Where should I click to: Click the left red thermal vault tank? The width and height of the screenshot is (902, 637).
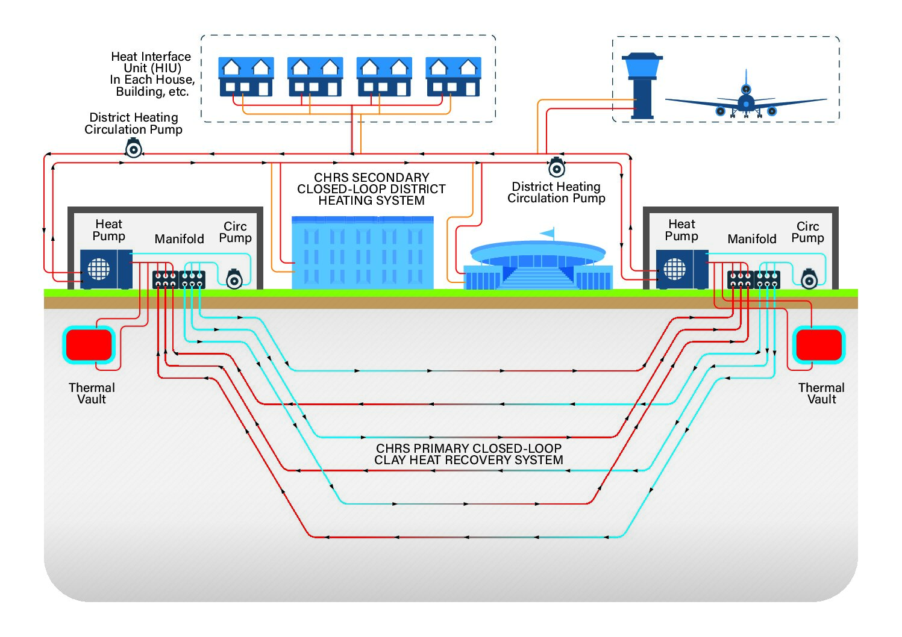(89, 345)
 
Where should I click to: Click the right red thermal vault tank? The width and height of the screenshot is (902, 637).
(818, 345)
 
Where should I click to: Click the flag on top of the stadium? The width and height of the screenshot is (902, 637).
(548, 233)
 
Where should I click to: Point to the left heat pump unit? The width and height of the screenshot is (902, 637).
(106, 269)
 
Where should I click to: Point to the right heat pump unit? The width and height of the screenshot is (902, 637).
(681, 269)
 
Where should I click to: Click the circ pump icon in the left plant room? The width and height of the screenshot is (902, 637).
(234, 279)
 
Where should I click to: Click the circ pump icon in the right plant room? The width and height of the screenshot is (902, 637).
(809, 279)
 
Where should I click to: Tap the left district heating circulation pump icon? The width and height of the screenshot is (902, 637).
(133, 148)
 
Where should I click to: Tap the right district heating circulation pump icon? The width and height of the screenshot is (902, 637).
(556, 167)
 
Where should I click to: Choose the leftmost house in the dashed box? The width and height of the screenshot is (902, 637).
(246, 76)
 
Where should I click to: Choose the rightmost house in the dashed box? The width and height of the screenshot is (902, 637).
(453, 76)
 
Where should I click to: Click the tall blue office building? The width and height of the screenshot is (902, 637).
(362, 253)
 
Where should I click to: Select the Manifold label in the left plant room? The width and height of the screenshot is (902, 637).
(179, 239)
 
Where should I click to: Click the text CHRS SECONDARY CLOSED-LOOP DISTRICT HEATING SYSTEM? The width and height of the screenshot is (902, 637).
(371, 189)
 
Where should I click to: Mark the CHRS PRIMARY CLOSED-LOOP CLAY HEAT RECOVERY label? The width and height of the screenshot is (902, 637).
(468, 454)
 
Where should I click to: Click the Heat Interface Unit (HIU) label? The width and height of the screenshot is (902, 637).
(152, 73)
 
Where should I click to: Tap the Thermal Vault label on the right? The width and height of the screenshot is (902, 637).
(821, 393)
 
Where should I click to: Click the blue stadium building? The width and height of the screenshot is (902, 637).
(537, 265)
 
